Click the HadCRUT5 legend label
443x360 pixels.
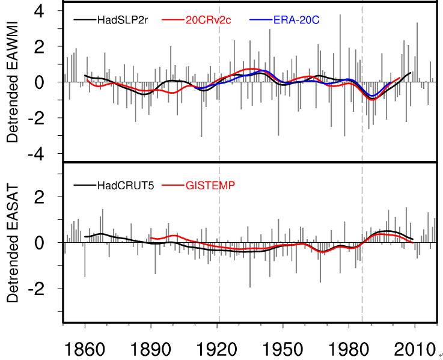(x=126, y=185)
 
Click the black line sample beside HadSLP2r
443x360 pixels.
(x=84, y=20)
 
